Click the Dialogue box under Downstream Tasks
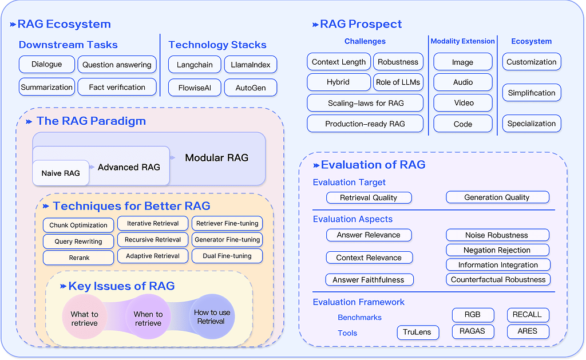[47, 64]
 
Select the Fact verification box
[117, 87]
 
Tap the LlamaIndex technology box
[251, 65]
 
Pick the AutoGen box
[251, 88]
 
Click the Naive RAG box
[61, 173]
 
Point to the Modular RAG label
[217, 158]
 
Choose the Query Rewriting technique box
[78, 242]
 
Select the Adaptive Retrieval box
[152, 256]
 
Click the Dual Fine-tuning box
[227, 256]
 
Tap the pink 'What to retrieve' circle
[85, 317]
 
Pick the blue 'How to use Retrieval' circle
[212, 317]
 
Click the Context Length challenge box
[339, 62]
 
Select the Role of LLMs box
[398, 82]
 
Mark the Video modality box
[463, 103]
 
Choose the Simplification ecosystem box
[532, 93]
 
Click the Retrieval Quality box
[369, 198]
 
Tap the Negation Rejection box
[497, 250]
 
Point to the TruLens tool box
[418, 332]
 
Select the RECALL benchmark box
[528, 315]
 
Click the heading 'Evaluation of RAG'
[373, 165]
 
